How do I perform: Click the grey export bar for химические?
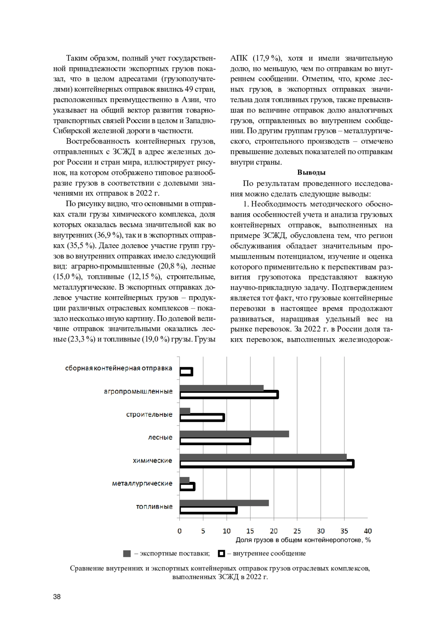point(263,457)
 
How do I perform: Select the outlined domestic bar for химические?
point(266,464)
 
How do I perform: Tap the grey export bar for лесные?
point(234,434)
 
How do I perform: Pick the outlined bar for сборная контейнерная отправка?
point(186,372)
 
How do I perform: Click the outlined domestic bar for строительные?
point(202,418)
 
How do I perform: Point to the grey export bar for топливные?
point(224,503)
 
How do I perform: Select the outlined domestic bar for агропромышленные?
point(229,395)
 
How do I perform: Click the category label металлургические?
point(142,483)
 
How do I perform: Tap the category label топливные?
point(154,506)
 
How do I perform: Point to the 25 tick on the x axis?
point(297,531)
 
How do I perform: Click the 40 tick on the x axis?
point(368,531)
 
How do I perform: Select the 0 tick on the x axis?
point(180,531)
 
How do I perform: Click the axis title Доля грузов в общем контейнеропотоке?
point(303,540)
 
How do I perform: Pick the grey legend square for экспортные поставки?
point(127,554)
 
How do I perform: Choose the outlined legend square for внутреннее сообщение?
point(222,554)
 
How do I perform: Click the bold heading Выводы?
point(311,172)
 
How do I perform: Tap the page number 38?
point(57,597)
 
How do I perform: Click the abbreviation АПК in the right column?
point(238,58)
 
